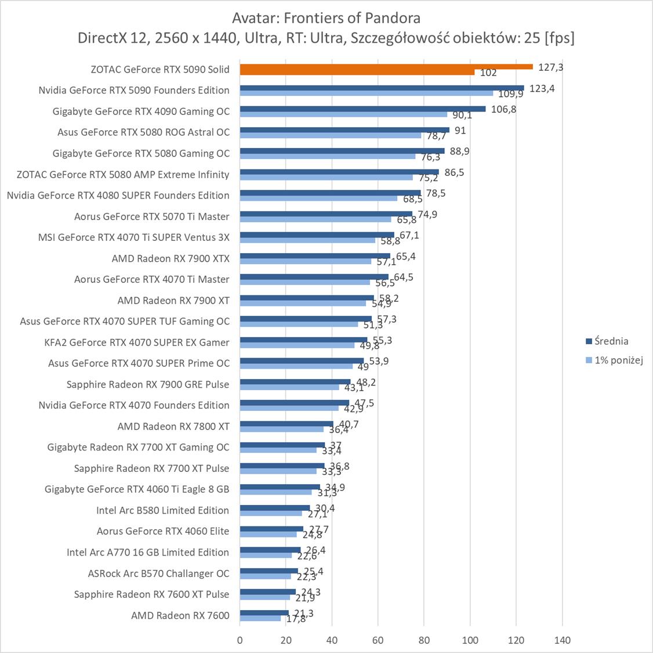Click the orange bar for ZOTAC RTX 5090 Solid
386,67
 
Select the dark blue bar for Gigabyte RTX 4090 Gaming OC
362,109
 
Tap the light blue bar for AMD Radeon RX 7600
260,619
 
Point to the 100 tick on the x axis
470,640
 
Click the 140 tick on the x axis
563,640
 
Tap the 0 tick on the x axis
240,640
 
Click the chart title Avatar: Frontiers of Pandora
326,17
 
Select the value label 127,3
551,67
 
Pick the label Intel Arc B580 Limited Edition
162,510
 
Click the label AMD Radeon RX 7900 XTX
170,258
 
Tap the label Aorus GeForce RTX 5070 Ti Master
151,217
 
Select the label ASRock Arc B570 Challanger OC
158,573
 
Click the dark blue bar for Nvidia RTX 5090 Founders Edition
382,88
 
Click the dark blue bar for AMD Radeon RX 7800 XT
286,424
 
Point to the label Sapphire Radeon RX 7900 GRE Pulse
148,384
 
